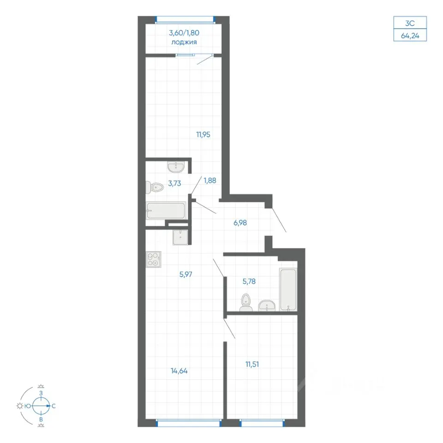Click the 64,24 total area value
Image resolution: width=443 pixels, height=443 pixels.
[410, 36]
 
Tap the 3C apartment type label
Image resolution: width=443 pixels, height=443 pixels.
[410, 23]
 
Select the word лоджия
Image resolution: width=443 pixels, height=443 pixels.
[184, 42]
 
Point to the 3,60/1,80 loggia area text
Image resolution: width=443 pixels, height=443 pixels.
[184, 33]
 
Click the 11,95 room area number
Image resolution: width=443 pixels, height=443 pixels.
[203, 134]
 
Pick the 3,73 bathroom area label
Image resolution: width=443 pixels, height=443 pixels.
[174, 183]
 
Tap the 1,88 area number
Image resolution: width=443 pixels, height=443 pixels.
[210, 180]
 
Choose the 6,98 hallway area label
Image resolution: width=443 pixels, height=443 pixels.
[240, 223]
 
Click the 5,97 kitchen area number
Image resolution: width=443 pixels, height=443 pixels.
[186, 274]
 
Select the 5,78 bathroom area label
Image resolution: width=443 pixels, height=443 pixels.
[249, 281]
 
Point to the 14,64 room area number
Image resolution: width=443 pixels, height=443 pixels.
[179, 371]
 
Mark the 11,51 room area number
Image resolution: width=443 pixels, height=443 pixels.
[252, 365]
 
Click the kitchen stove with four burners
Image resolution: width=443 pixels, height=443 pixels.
[154, 259]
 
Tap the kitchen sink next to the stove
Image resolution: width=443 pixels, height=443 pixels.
[180, 237]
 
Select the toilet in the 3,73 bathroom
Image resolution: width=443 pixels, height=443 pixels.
[155, 187]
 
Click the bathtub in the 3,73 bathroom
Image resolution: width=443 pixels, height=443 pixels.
[166, 210]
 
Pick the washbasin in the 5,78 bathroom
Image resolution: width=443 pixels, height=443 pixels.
[267, 305]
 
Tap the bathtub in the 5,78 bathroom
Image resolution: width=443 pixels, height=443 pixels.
[288, 289]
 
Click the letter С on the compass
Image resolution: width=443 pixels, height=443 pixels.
[54, 406]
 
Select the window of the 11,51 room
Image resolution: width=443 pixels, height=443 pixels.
[262, 423]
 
